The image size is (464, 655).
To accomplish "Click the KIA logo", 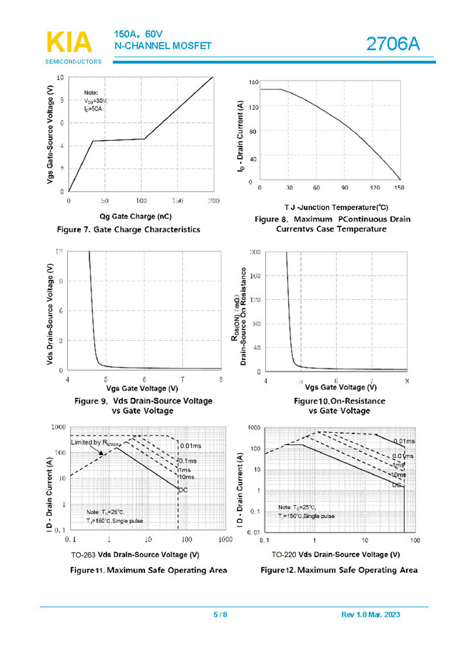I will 69,42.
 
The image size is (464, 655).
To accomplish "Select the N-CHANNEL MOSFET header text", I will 162,46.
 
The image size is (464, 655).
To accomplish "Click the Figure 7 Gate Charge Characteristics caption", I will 128,229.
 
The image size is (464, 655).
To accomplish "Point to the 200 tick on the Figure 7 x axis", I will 212,201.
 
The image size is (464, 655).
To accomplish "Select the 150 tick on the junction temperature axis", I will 398,188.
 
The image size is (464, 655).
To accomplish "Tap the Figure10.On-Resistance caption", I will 340,406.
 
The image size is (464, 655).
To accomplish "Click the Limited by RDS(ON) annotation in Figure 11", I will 99,443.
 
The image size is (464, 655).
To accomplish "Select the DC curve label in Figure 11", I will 183,490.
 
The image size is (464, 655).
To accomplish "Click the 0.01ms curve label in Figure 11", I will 191,446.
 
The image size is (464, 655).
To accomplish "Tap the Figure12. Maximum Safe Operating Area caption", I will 339,570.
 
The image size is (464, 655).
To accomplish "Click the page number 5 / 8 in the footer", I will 220,615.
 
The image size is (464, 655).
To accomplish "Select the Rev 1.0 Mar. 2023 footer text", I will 372,615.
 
